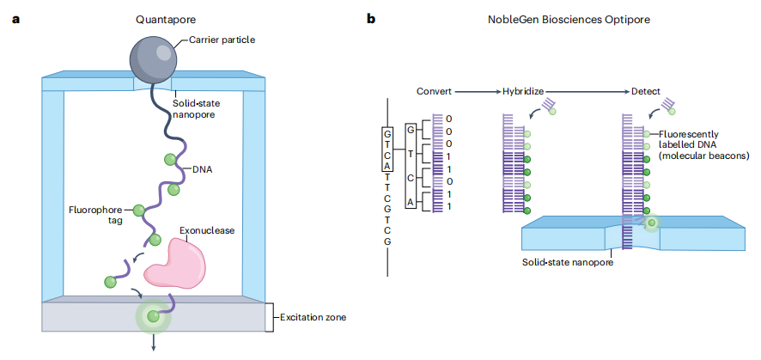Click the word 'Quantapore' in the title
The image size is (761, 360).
[163, 18]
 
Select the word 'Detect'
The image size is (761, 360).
[646, 90]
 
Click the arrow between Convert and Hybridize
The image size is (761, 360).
[475, 90]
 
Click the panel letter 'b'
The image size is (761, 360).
[371, 18]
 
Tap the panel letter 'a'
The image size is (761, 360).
[15, 18]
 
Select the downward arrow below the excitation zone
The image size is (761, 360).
[155, 342]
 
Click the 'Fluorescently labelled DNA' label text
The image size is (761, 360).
[697, 146]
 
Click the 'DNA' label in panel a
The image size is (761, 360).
[204, 169]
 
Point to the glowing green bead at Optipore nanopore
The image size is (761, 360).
[652, 224]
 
